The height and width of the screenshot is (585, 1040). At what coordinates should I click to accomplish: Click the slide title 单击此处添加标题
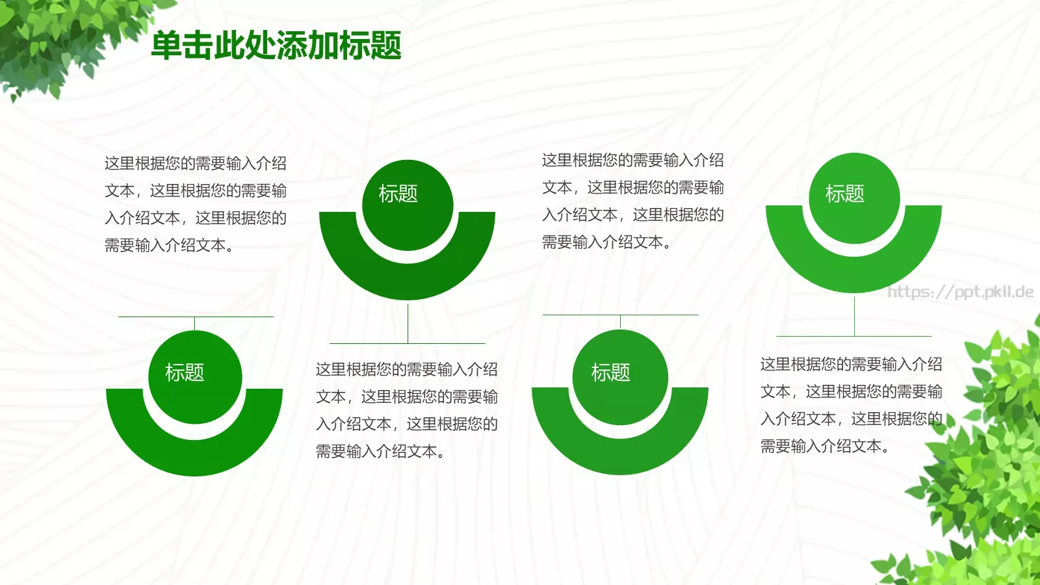pyautogui.click(x=276, y=46)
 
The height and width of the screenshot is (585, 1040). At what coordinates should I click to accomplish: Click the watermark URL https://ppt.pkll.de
pyautogui.click(x=960, y=292)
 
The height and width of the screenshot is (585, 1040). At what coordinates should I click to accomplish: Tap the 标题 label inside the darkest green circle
pyautogui.click(x=398, y=194)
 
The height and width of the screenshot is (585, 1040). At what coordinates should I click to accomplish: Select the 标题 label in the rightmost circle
pyautogui.click(x=844, y=194)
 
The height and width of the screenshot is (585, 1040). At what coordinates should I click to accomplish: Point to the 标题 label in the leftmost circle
pyautogui.click(x=185, y=372)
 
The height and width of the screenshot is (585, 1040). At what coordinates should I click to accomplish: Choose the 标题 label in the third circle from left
pyautogui.click(x=610, y=372)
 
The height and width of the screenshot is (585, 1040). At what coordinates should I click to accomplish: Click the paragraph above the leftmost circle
pyautogui.click(x=195, y=204)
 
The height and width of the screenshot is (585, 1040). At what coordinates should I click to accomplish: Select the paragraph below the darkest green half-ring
pyautogui.click(x=407, y=410)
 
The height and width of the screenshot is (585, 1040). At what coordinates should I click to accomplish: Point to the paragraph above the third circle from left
pyautogui.click(x=632, y=201)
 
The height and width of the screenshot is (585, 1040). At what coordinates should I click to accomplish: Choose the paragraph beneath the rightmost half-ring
pyautogui.click(x=851, y=405)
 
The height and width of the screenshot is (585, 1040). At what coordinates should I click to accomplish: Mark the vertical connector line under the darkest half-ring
pyautogui.click(x=408, y=322)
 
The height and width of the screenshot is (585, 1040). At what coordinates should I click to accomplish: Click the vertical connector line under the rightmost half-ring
pyautogui.click(x=854, y=315)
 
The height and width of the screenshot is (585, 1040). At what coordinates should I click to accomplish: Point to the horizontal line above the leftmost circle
pyautogui.click(x=156, y=317)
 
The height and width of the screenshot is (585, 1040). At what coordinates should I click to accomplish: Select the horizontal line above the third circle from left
pyautogui.click(x=656, y=315)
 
